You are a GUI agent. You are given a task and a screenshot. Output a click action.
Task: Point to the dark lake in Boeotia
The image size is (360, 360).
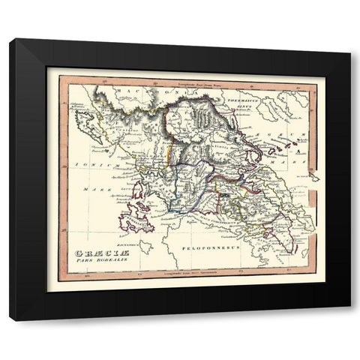[x=226, y=194]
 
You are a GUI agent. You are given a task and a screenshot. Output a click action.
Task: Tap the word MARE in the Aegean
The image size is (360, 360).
[x=298, y=158]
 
